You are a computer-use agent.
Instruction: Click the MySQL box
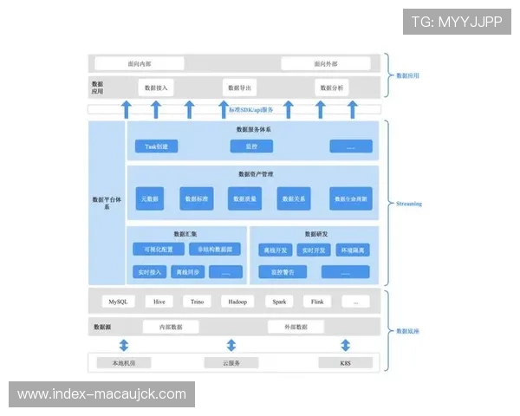click(x=118, y=302)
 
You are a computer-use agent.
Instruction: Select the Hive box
click(x=159, y=302)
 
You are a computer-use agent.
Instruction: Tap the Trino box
click(x=198, y=302)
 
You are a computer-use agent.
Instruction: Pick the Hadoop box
click(x=237, y=302)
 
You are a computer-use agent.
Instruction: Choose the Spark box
click(x=279, y=302)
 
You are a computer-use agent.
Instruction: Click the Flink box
click(x=317, y=302)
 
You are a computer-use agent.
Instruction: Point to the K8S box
click(x=346, y=362)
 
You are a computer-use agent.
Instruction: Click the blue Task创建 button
click(x=156, y=146)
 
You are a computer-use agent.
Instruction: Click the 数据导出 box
click(x=240, y=88)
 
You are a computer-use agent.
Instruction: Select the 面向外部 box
click(x=326, y=64)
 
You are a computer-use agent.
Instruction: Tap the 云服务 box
click(x=231, y=362)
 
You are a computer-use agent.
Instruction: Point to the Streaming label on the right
click(x=409, y=204)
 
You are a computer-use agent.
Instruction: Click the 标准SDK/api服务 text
click(x=251, y=109)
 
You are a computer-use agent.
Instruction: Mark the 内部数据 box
click(x=171, y=327)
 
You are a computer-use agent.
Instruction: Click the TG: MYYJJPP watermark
click(x=457, y=22)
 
